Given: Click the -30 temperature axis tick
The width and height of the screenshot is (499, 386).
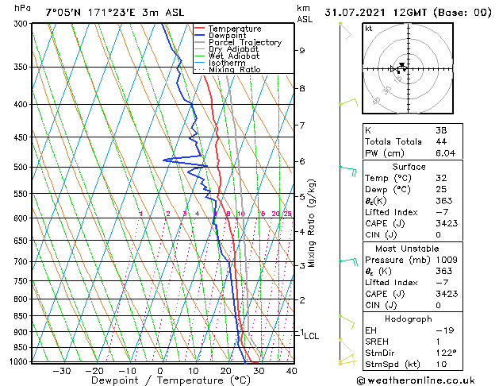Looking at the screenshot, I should pyautogui.click(x=61, y=371).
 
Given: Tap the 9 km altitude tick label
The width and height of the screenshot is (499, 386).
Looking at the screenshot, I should pyautogui.click(x=302, y=51).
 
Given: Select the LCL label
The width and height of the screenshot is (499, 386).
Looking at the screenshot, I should pyautogui.click(x=311, y=336).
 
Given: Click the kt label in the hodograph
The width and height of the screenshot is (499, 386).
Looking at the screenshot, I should pyautogui.click(x=369, y=29).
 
